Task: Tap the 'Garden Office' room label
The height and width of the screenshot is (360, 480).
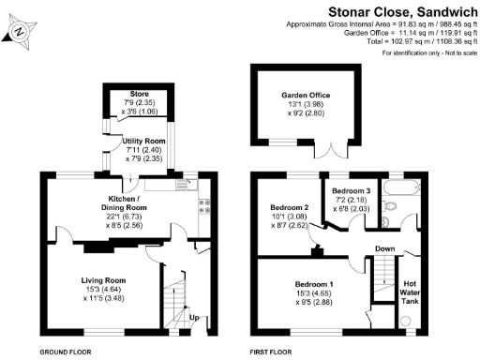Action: (306, 96)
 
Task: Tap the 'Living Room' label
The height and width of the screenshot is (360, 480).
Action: (103, 280)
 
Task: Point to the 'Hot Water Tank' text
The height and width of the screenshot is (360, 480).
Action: (411, 291)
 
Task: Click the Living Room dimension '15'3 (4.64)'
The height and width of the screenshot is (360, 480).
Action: (103, 290)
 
